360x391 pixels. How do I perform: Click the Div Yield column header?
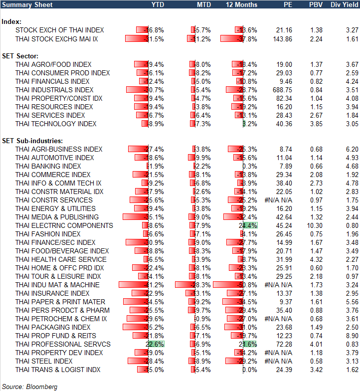pyautogui.click(x=344, y=4)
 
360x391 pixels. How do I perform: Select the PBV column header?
pyautogui.click(x=316, y=4)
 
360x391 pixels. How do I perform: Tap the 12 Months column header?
pyautogui.click(x=242, y=4)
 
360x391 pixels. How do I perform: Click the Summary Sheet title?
pyautogui.click(x=24, y=4)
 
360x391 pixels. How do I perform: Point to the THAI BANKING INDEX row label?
pyautogui.click(x=48, y=166)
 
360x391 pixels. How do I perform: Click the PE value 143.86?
pyautogui.click(x=282, y=38)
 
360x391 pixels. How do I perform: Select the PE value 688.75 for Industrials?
pyautogui.click(x=282, y=90)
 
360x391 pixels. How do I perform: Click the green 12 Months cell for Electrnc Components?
pyautogui.click(x=249, y=225)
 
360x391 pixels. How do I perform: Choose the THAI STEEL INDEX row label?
pyautogui.click(x=44, y=361)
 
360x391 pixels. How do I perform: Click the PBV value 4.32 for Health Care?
pyautogui.click(x=316, y=259)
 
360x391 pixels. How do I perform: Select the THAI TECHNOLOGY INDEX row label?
pyautogui.click(x=56, y=124)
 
